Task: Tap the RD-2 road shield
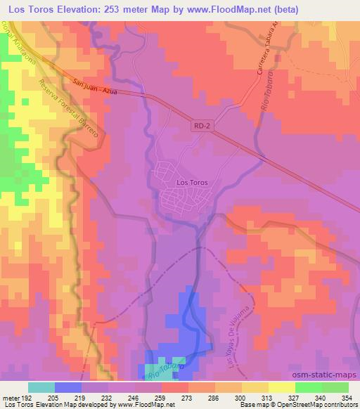click(200, 125)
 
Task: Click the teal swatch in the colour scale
click(41, 387)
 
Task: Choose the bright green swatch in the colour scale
click(308, 387)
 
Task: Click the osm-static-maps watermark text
click(326, 376)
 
